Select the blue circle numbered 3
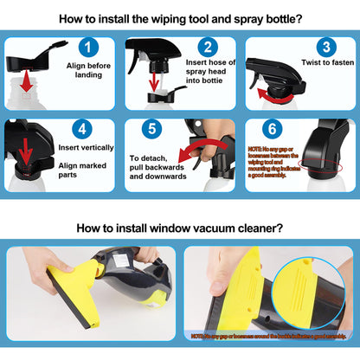pos(325,48)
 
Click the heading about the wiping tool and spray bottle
pos(179,18)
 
